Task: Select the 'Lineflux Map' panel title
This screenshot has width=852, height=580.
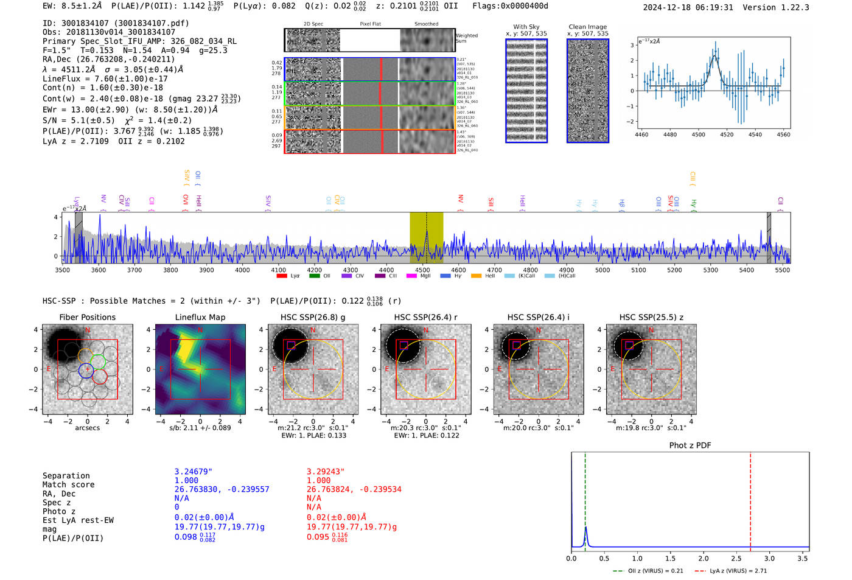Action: pos(200,317)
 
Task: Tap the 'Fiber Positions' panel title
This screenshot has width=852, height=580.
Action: pos(87,317)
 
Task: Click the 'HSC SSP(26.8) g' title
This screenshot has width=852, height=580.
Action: pos(313,317)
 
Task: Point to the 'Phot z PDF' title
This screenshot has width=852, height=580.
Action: pos(690,445)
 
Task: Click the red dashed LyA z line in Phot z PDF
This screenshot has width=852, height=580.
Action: pos(750,499)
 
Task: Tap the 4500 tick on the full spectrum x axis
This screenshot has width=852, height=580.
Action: pos(422,270)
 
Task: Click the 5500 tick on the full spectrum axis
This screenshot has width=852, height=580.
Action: pos(782,270)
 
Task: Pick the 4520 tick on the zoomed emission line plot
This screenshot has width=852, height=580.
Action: pos(727,135)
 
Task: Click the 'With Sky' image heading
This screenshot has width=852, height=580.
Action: pos(526,27)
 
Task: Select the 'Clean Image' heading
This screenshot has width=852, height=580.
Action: pos(587,27)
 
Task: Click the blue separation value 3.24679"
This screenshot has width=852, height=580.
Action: pos(194,472)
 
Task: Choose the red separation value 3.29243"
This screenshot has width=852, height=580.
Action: pos(326,472)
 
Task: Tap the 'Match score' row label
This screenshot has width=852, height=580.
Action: pos(68,485)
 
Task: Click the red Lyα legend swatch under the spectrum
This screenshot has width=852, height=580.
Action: pos(281,276)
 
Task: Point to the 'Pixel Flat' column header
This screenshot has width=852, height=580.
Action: pos(370,24)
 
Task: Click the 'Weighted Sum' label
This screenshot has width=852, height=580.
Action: pos(466,38)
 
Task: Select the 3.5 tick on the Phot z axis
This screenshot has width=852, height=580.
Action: pos(803,558)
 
